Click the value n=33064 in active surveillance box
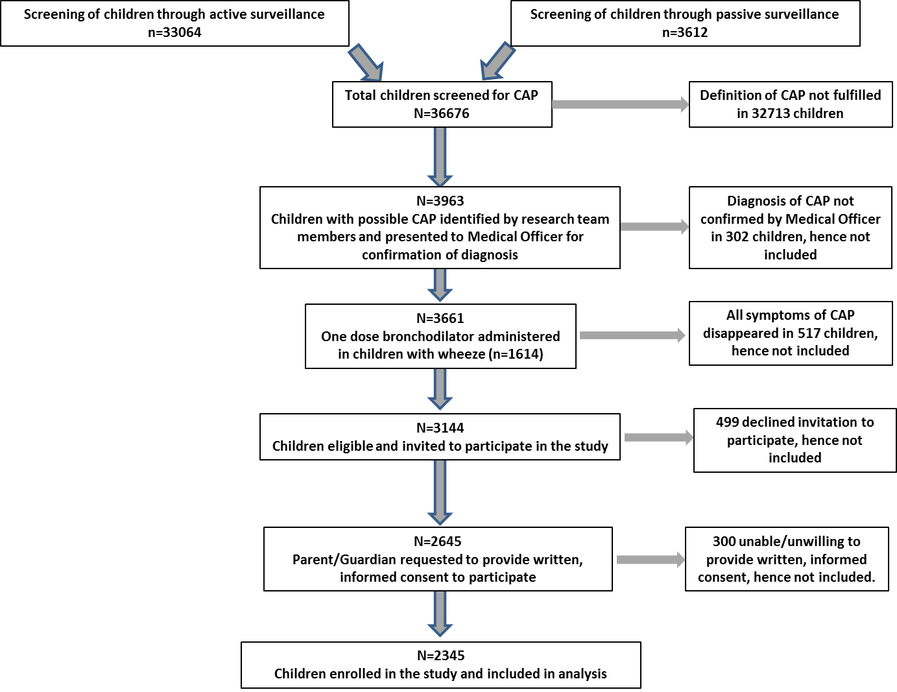[174, 32]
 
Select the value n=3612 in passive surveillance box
[685, 32]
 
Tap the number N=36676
[441, 113]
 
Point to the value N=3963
[440, 201]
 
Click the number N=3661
[440, 318]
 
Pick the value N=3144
[440, 428]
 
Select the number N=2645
[437, 542]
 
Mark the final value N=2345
[440, 656]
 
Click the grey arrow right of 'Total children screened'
[620, 104]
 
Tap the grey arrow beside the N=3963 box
[654, 227]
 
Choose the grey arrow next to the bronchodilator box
[632, 335]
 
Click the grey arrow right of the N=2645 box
[651, 560]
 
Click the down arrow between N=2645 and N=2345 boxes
[440, 614]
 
